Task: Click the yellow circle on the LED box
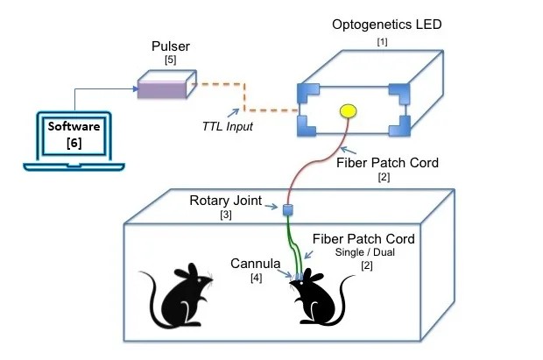click(348, 111)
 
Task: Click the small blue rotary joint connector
click(286, 209)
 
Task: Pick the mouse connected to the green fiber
click(317, 303)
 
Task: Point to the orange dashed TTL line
click(245, 98)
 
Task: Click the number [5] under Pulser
click(170, 60)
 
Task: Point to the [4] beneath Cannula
click(257, 278)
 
